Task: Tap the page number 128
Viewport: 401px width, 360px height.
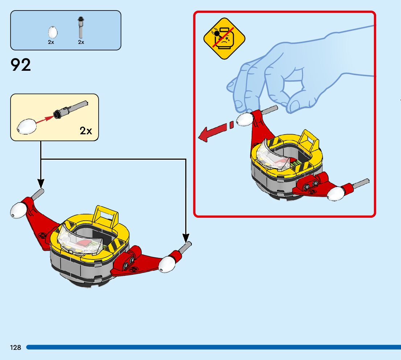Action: click(x=16, y=348)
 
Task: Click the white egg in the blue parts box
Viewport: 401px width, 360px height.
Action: click(x=53, y=33)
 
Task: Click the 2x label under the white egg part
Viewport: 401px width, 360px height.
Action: click(x=51, y=42)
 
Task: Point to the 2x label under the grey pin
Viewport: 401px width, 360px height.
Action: click(x=81, y=42)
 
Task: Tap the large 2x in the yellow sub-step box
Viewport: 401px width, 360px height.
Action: click(x=86, y=131)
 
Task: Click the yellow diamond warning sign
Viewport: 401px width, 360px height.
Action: click(x=224, y=38)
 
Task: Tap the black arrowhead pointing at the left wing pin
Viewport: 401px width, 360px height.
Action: click(x=41, y=183)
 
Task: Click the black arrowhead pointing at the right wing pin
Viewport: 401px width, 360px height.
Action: click(x=186, y=237)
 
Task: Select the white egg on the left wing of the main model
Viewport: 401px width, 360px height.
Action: click(x=18, y=210)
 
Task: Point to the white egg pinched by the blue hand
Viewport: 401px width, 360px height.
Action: click(x=245, y=119)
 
